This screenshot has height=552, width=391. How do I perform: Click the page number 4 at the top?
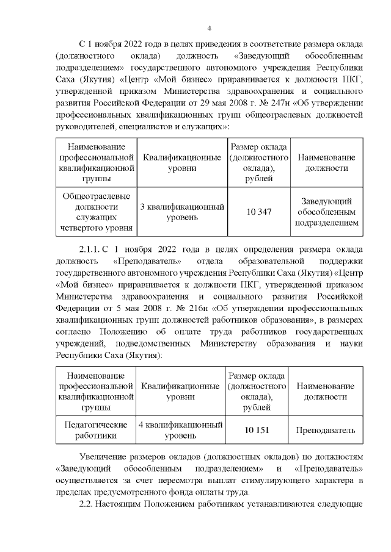[x=209, y=28]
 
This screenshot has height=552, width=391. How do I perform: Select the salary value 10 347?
[x=258, y=212]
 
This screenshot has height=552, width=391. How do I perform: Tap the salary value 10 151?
[x=257, y=430]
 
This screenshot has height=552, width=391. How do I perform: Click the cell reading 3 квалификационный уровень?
[x=181, y=212]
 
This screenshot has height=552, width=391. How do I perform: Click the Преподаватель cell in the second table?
[x=326, y=430]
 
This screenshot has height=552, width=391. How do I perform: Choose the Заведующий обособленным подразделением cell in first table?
[x=326, y=212]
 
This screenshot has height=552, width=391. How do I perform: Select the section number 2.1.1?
[x=92, y=249]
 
